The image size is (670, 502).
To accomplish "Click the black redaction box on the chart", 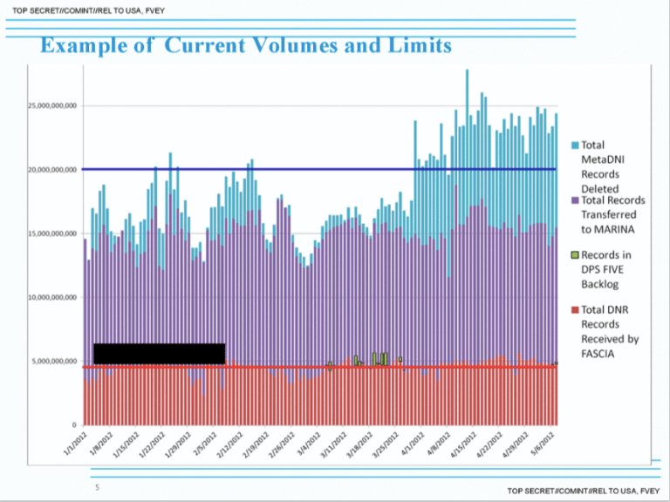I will point(159,353).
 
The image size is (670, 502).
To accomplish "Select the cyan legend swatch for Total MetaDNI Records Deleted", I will point(575,145).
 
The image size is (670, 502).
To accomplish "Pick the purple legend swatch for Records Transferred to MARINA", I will point(575,200).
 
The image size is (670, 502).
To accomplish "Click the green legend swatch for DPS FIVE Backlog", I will point(575,255).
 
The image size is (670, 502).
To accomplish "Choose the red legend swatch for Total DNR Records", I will point(575,309).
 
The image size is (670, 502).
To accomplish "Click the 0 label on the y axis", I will point(75,424).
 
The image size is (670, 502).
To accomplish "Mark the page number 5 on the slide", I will point(97,486).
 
